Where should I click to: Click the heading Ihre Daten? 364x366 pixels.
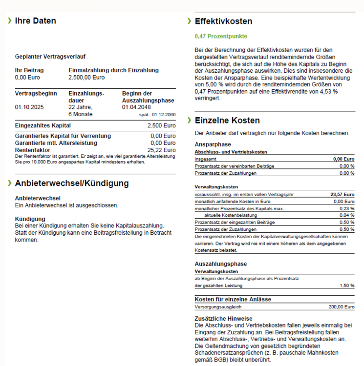pos(35,21)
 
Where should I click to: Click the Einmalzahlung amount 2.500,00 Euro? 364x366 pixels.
pos(86,77)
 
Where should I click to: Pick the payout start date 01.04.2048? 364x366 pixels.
pos(137,107)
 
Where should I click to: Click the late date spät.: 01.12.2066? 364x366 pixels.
pos(157,114)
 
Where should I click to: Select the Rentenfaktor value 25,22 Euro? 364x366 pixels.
pos(163,150)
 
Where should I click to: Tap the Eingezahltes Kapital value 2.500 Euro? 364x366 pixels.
pos(163,126)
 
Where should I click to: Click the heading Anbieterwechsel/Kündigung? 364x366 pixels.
pos(72,183)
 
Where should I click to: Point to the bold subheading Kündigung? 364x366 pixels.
pos(30,219)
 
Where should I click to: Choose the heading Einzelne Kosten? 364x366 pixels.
pos(227,121)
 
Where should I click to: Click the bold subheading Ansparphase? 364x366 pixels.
pos(213,145)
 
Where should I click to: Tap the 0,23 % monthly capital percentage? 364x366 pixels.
pos(346,208)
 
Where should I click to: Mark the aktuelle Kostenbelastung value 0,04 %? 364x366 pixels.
pos(346,215)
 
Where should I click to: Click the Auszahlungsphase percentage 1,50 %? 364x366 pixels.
pos(346,285)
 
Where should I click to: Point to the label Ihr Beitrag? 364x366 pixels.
pos(30,70)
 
